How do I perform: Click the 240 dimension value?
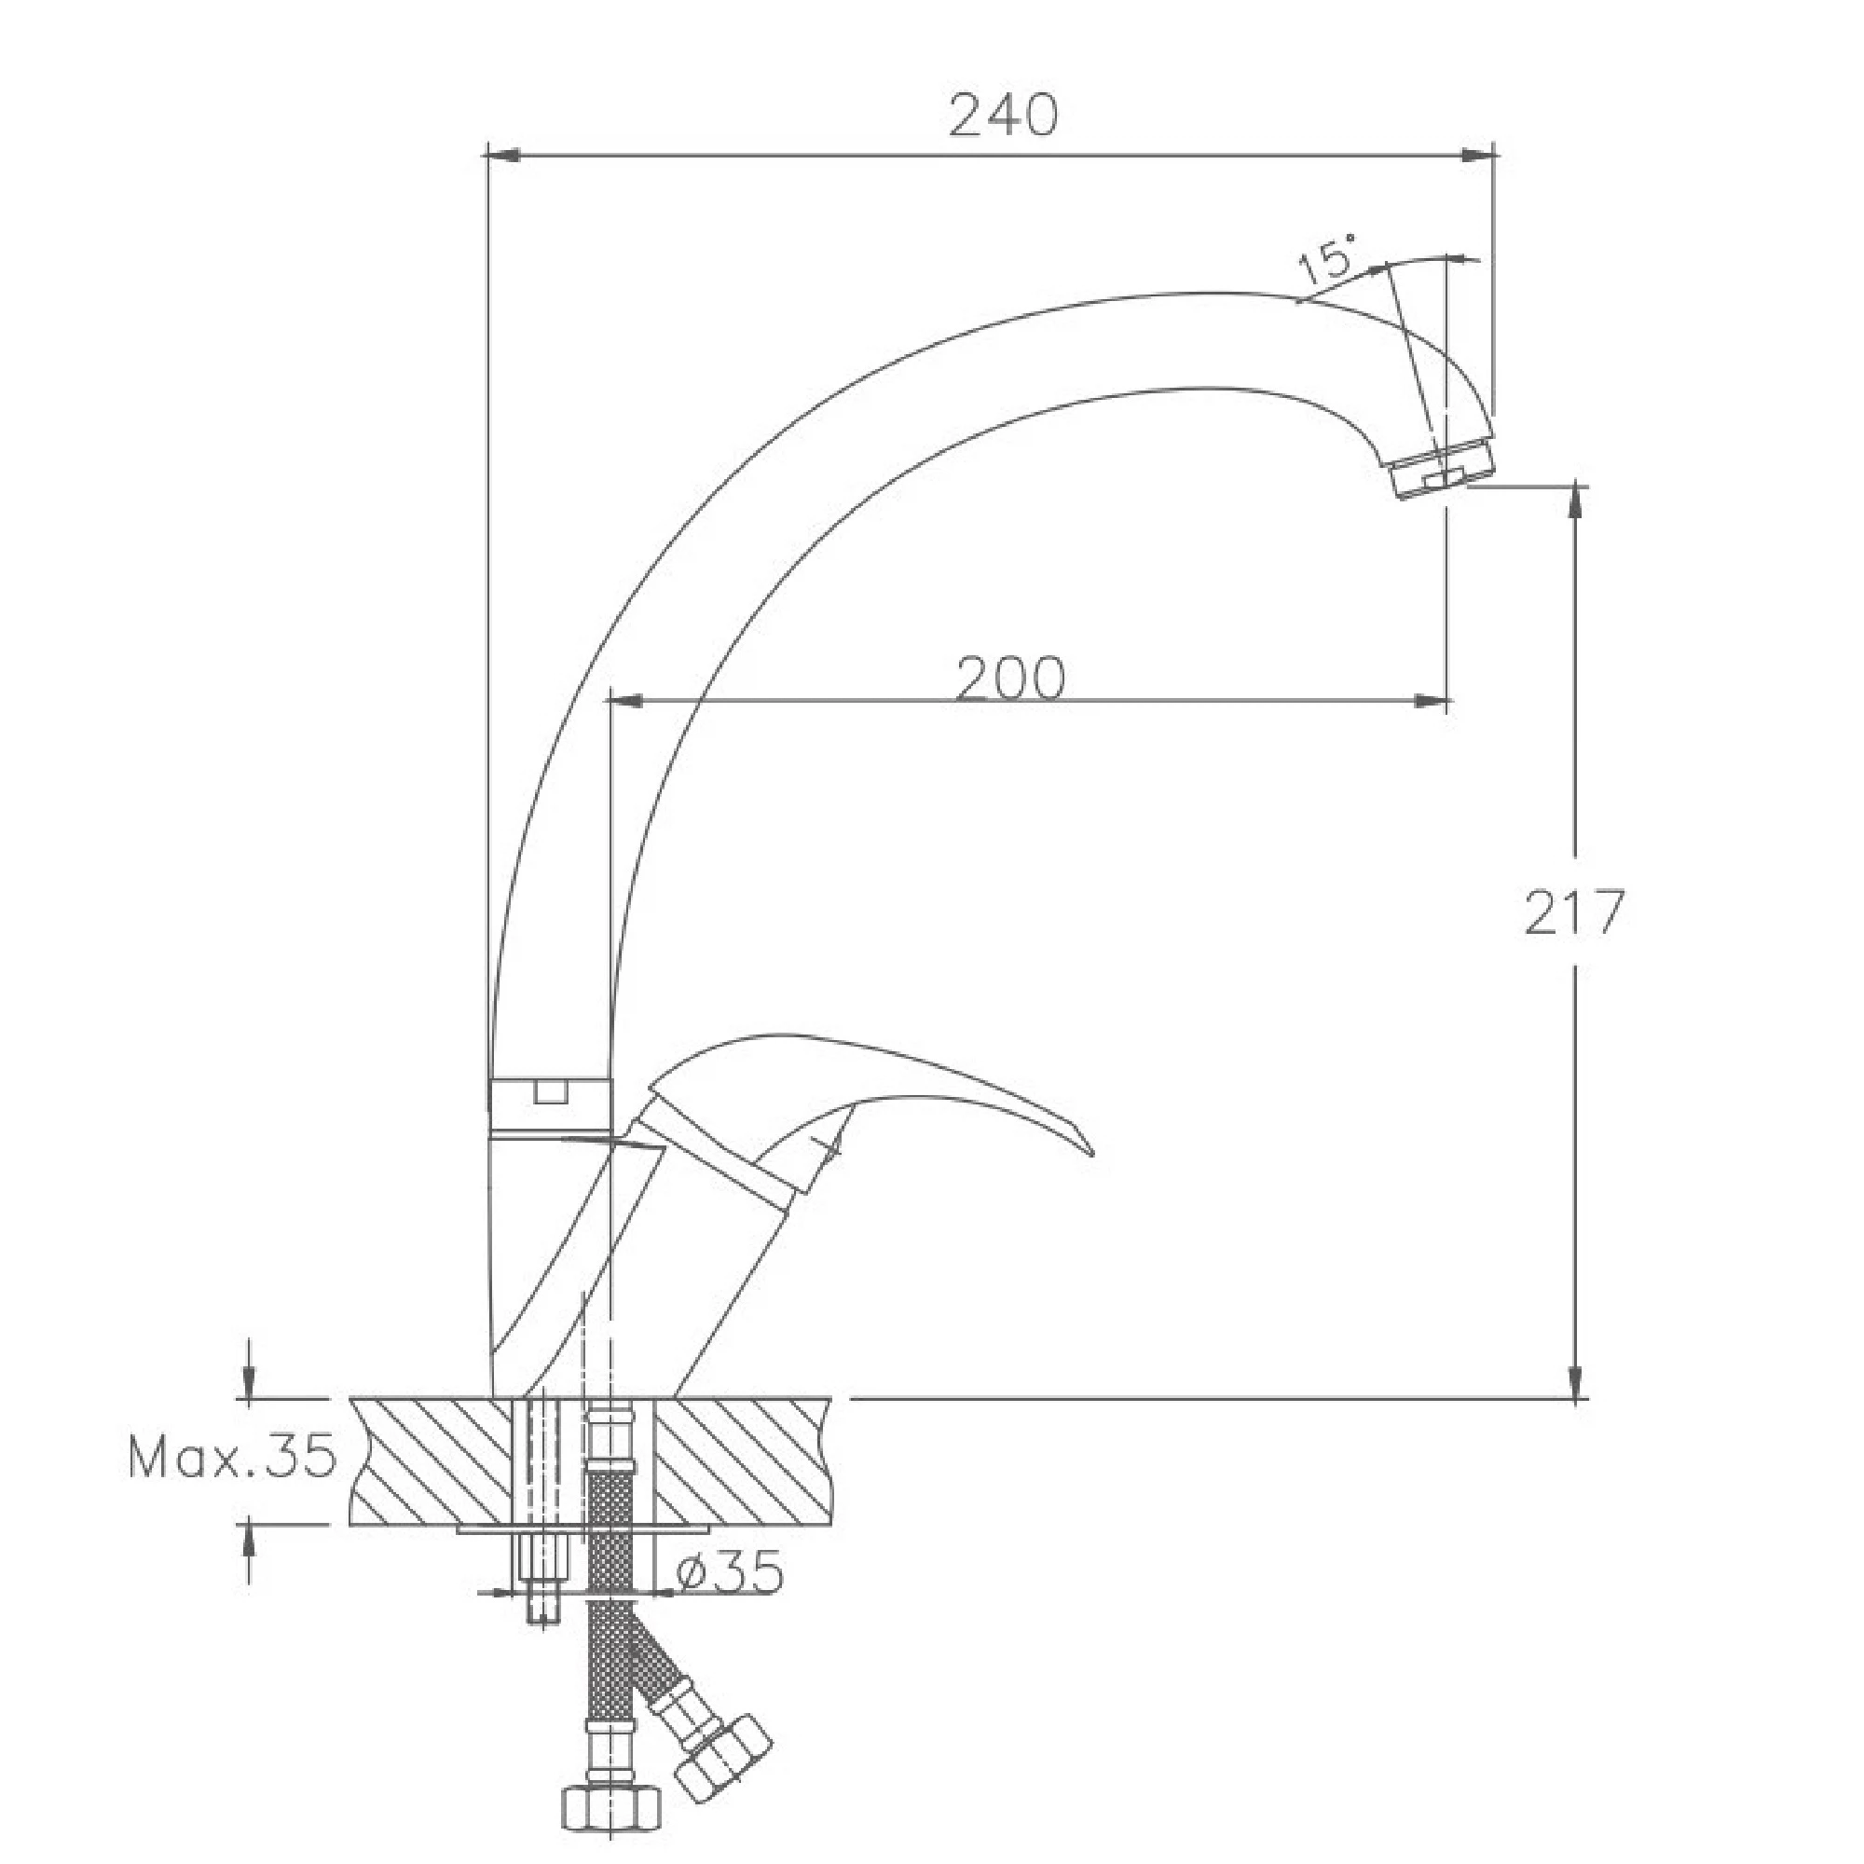pos(1004,115)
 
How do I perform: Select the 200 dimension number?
pos(1011,678)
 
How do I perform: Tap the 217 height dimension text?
pos(1574,912)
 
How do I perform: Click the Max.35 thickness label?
pos(232,1457)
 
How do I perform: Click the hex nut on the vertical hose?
pos(611,1807)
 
